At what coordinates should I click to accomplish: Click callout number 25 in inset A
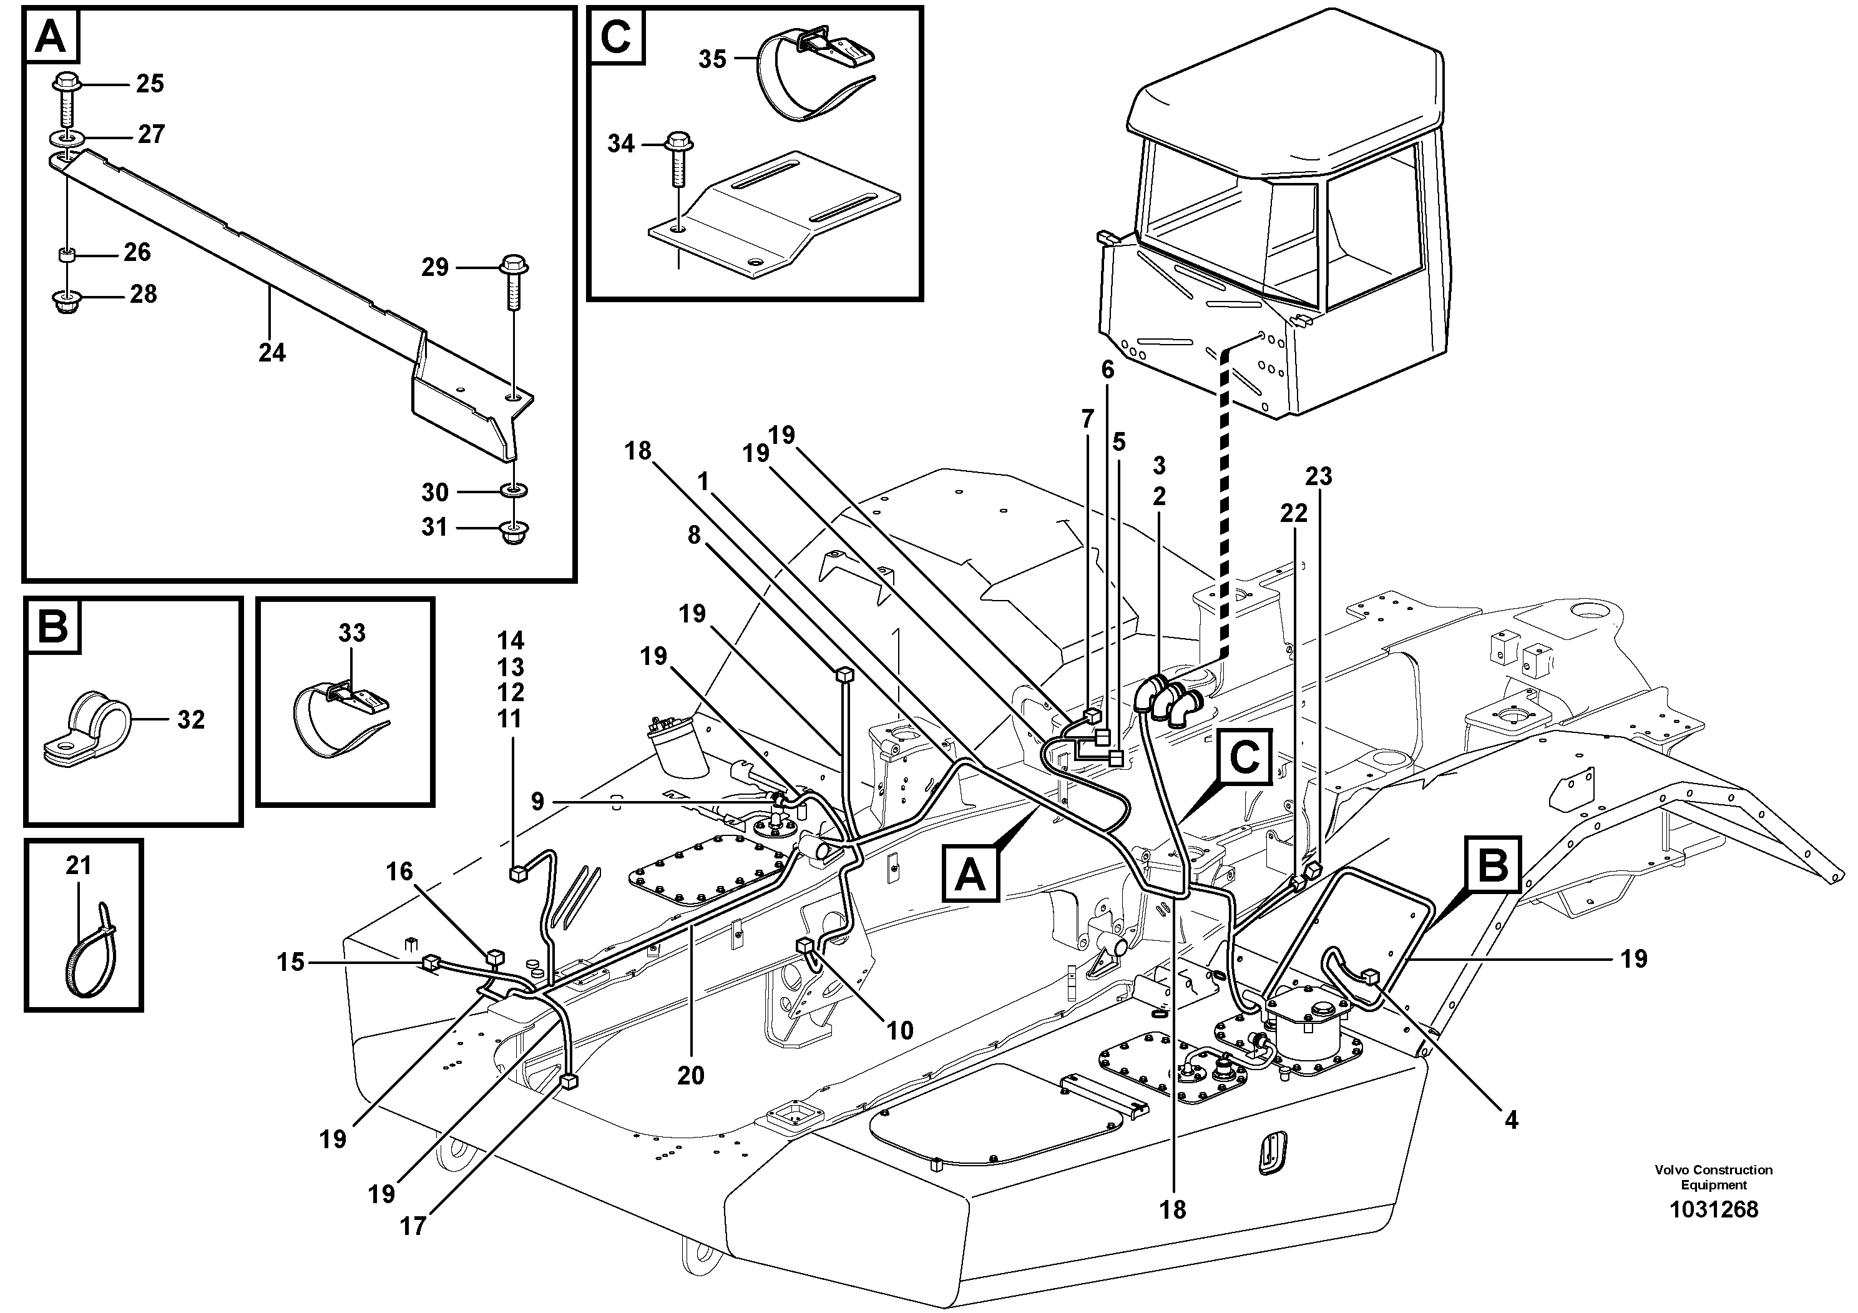pyautogui.click(x=150, y=84)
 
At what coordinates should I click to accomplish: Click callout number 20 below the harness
pyautogui.click(x=690, y=1075)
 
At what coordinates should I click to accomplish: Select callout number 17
pyautogui.click(x=413, y=1226)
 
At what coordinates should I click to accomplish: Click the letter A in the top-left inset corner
pyautogui.click(x=52, y=36)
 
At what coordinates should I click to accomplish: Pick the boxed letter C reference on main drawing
pyautogui.click(x=1243, y=758)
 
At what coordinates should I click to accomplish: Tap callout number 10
pyautogui.click(x=900, y=1031)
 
